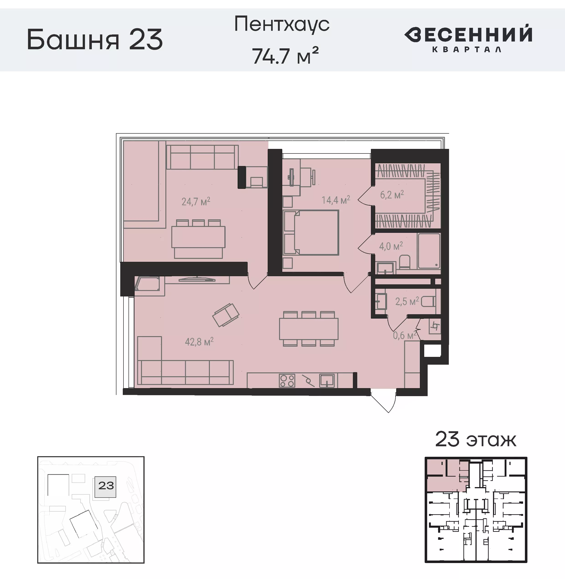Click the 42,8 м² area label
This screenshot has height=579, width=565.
(199, 342)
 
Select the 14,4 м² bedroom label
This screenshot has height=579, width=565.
(336, 200)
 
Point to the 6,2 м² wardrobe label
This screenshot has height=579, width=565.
(392, 195)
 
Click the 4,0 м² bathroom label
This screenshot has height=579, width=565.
(391, 246)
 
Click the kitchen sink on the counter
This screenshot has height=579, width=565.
(326, 381)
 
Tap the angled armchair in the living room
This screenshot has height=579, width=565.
(226, 315)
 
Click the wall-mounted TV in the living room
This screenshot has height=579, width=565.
(197, 279)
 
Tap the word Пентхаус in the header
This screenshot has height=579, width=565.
(282, 24)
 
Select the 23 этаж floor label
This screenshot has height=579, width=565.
(476, 440)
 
